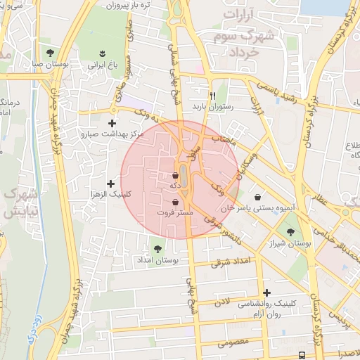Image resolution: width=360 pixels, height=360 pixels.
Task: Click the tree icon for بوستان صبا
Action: [49, 53]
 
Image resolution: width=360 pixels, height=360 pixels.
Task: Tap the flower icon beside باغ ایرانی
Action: [103, 53]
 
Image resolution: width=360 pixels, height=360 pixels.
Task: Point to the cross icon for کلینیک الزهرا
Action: [110, 184]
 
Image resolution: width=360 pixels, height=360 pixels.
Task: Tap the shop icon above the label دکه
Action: [175, 175]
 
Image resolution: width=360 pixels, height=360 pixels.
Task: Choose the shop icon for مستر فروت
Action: [175, 202]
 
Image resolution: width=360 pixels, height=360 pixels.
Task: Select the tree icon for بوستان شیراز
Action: [290, 231]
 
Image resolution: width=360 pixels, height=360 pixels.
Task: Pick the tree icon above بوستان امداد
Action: [157, 248]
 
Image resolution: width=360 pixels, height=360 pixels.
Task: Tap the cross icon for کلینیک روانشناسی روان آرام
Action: [266, 292]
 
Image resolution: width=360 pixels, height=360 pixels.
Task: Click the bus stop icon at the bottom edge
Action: [302, 355]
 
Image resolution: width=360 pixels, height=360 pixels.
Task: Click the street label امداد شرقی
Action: [231, 262]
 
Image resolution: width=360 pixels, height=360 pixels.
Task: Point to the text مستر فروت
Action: [174, 212]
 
